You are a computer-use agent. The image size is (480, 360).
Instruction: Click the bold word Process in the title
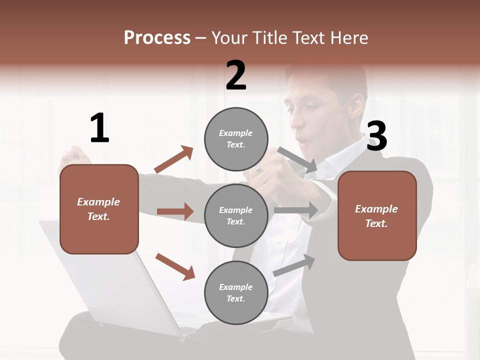coord(157,37)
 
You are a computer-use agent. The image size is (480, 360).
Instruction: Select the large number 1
coord(99,128)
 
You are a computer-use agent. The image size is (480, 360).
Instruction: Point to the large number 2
coord(236,75)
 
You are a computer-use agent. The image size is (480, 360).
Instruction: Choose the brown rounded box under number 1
coord(99,209)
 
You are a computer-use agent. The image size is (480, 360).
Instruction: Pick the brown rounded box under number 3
coord(377,215)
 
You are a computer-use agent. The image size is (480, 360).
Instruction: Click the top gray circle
coord(236,139)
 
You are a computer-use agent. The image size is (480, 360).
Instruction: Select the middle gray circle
coord(236,215)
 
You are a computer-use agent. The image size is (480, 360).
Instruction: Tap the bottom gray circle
coord(236,292)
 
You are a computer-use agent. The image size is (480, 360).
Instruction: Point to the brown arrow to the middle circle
coord(175,211)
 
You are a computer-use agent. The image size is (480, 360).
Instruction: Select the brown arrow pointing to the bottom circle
coord(175,266)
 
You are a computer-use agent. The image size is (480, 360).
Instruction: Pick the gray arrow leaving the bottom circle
coord(294,264)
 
